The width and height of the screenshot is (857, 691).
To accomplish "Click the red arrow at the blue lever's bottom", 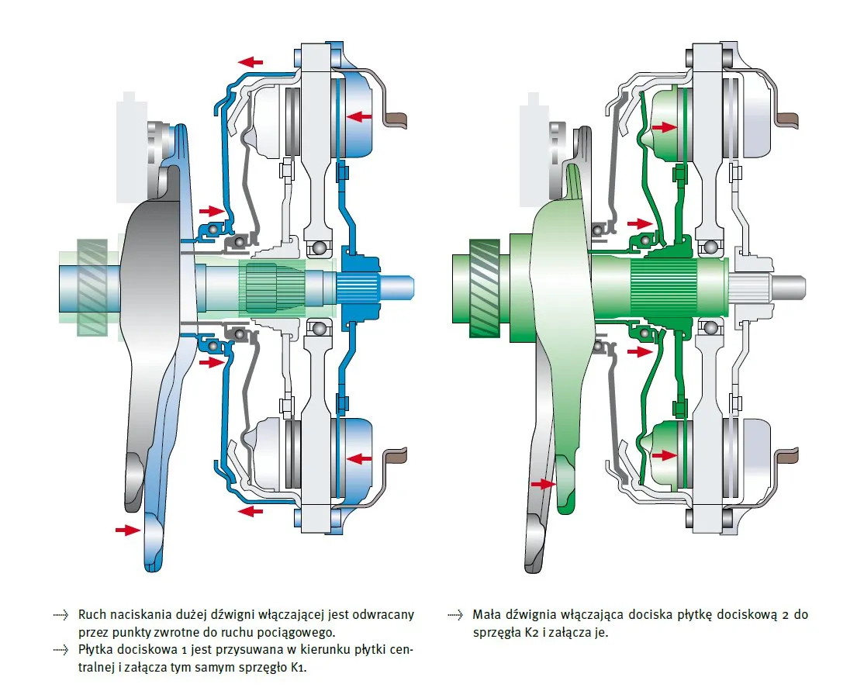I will tap(127, 530).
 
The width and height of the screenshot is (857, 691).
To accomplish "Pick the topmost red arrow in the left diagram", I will tap(251, 60).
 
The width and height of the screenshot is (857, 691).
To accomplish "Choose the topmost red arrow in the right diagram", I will tap(662, 126).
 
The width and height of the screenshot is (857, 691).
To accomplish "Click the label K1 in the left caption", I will tap(298, 668).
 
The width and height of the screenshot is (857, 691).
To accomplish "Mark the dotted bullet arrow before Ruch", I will tap(61, 615).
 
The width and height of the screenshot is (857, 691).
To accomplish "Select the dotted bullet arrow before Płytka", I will tap(61, 651).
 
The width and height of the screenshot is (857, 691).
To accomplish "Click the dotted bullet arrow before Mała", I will tap(455, 615).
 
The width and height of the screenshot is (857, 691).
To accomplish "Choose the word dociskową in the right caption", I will tap(745, 614).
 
